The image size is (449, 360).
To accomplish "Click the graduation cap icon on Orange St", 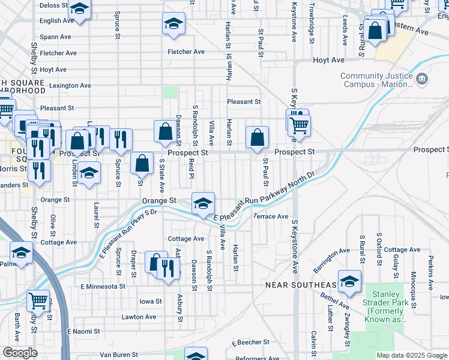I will click(203, 203).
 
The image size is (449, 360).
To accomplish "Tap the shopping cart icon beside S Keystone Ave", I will click(299, 125).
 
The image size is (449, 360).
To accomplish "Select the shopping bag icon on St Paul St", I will click(257, 136).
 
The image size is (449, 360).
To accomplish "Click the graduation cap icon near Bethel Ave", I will click(349, 280).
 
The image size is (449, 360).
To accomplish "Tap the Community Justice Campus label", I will click(376, 80).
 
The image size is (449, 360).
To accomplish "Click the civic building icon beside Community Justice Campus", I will click(422, 78).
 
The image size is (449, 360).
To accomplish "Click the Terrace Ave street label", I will click(271, 216).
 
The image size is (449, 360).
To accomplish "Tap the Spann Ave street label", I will click(55, 37).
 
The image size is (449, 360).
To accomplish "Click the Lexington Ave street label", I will click(70, 86).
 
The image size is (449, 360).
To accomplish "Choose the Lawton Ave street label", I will click(139, 317).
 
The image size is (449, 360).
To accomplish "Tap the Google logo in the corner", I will click(20, 353).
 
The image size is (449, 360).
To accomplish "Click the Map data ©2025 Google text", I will click(411, 355).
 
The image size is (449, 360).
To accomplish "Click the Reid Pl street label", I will click(190, 168).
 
